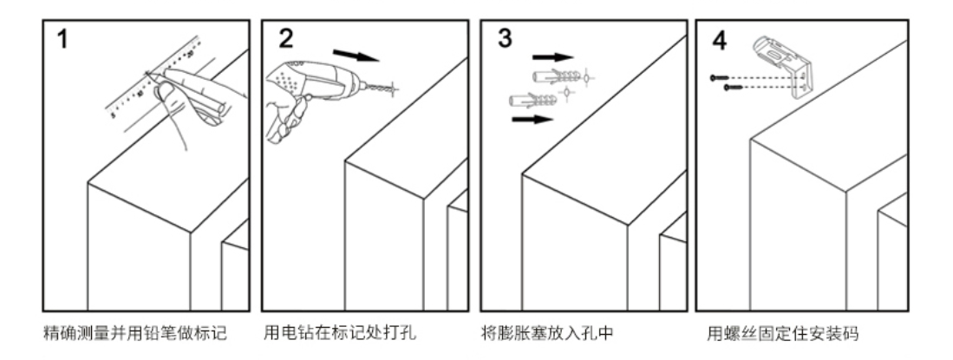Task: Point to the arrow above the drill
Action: coord(356,56)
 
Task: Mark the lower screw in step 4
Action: coord(733,87)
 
